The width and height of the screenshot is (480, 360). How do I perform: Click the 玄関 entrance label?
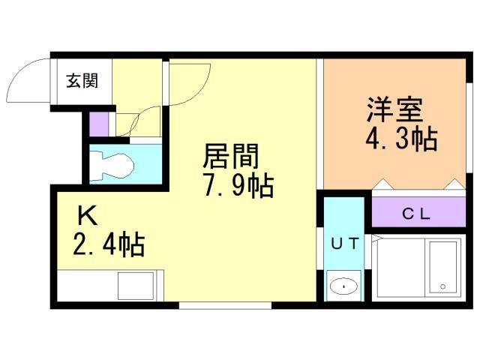(x=82, y=81)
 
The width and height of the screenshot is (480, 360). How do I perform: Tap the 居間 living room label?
(x=231, y=156)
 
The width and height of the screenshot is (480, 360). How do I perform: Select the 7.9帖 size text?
(x=238, y=185)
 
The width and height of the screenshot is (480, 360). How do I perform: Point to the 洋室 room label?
(x=395, y=109)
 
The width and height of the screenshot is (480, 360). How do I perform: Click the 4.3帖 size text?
(x=401, y=139)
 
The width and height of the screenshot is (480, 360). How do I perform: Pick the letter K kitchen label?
(x=87, y=215)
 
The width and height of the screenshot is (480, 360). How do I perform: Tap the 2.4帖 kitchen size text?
(x=108, y=244)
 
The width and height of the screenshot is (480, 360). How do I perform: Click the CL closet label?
(x=416, y=214)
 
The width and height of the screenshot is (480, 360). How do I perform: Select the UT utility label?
(x=345, y=243)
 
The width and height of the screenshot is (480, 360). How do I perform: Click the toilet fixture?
(x=113, y=165)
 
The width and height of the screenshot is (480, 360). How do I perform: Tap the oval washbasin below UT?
(x=343, y=286)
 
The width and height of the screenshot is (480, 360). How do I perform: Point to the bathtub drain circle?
(x=442, y=286)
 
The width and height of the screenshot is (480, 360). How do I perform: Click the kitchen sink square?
(x=136, y=286)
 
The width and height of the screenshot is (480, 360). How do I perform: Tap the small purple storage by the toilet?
(x=99, y=124)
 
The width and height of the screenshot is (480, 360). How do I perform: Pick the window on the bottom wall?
(x=225, y=305)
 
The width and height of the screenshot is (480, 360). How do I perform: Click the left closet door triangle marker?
(x=382, y=184)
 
